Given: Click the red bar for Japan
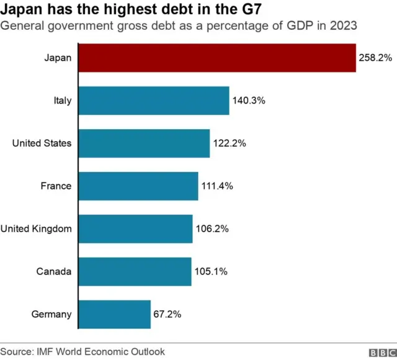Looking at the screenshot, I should click(x=217, y=58).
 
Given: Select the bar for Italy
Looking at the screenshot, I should click(x=154, y=101).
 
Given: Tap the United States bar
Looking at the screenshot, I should click(x=144, y=143).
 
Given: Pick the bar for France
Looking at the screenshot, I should click(x=138, y=186).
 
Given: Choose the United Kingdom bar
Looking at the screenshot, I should click(x=136, y=229).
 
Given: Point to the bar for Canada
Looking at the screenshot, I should click(x=135, y=272).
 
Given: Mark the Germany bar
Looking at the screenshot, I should click(x=115, y=315).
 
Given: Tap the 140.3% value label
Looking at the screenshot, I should click(x=248, y=101).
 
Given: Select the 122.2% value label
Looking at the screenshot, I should click(x=229, y=143).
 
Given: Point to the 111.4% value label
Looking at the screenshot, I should click(x=217, y=186).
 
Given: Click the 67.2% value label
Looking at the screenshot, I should click(x=167, y=315).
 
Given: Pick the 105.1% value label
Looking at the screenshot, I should click(x=210, y=272).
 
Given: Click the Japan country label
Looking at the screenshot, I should click(x=58, y=58).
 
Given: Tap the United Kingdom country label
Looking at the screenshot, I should click(x=36, y=229).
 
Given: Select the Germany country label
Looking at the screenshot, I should click(x=51, y=315).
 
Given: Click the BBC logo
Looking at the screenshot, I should click(x=381, y=353).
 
